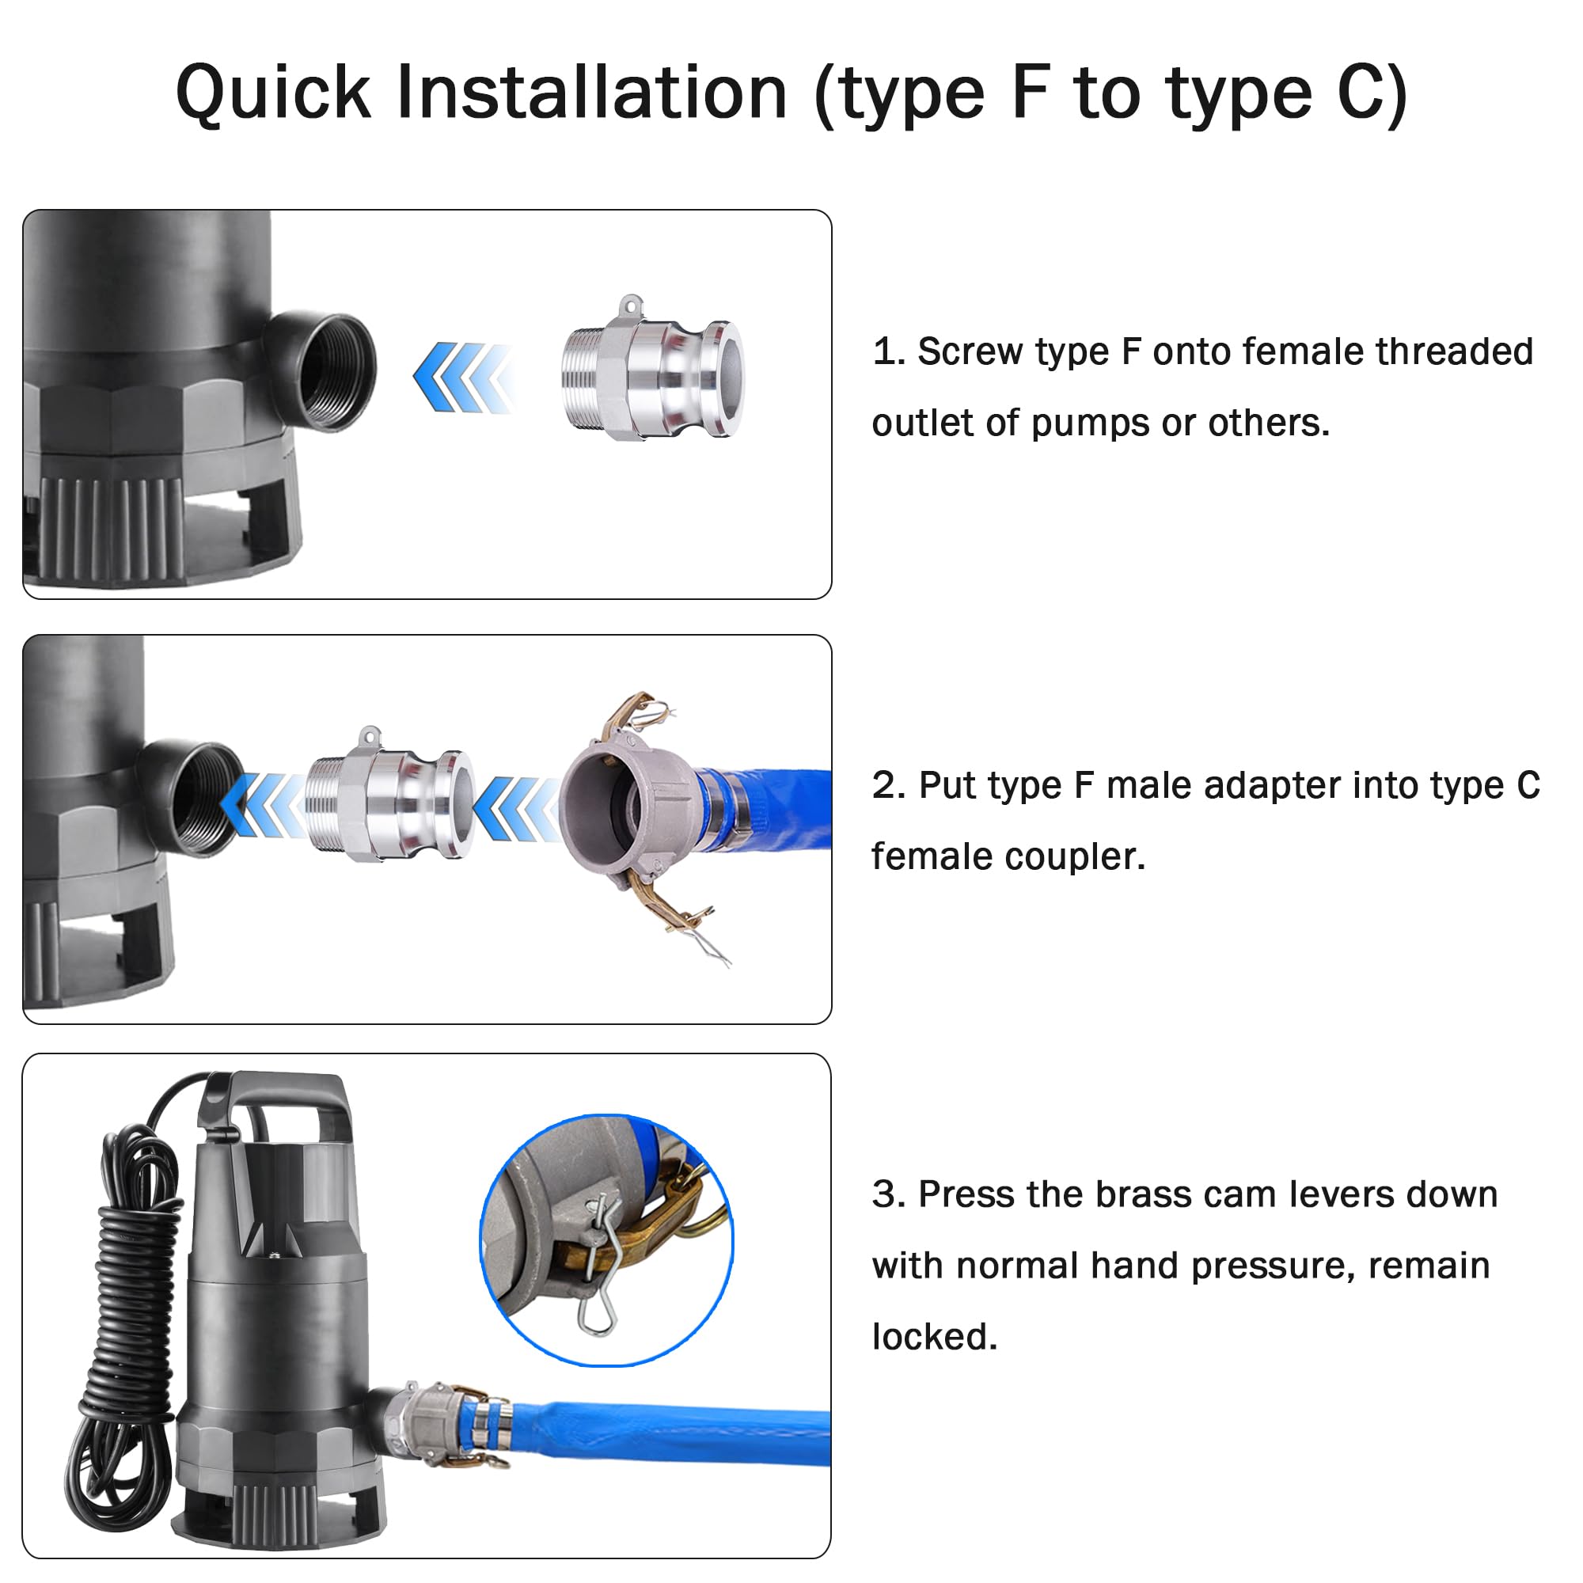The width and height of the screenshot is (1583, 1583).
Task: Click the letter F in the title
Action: click(1031, 92)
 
